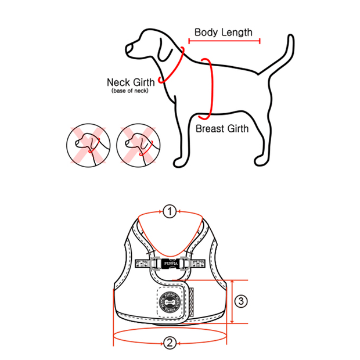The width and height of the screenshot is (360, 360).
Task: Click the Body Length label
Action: pyautogui.click(x=223, y=32)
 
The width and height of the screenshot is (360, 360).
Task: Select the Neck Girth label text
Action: pyautogui.click(x=131, y=82)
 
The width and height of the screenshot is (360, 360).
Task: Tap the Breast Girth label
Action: pyautogui.click(x=222, y=129)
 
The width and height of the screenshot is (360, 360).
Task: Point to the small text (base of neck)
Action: pyautogui.click(x=130, y=91)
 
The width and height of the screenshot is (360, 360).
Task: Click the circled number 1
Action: pyautogui.click(x=169, y=211)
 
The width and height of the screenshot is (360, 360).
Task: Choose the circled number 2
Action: pyautogui.click(x=169, y=343)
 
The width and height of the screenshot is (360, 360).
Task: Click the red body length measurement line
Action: pyautogui.click(x=223, y=41)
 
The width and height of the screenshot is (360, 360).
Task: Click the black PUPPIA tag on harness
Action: pyautogui.click(x=169, y=262)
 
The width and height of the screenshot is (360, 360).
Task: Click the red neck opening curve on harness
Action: pyautogui.click(x=169, y=232)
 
